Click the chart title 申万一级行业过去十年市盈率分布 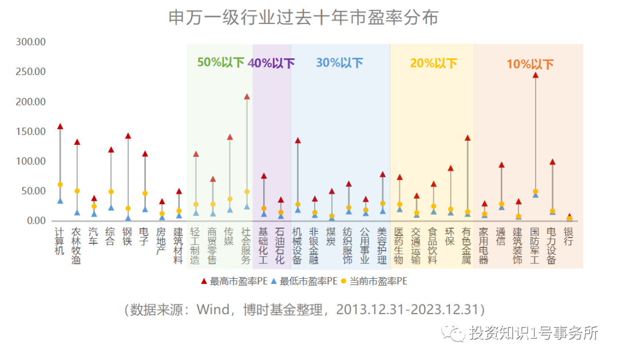(x=303, y=18)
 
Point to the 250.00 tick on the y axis (x=31, y=72)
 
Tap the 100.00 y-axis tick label (x=31, y=161)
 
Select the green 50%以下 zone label (x=220, y=62)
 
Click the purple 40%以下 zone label (x=271, y=63)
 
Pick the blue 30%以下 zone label (x=339, y=62)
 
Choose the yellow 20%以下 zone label (x=433, y=63)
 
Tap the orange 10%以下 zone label (x=530, y=64)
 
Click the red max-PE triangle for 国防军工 (x=536, y=75)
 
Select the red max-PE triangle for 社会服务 (x=247, y=97)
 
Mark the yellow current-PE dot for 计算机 (x=60, y=184)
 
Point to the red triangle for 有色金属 (x=468, y=138)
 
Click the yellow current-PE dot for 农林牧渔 (x=77, y=191)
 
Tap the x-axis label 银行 (x=569, y=236)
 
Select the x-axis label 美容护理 (x=382, y=246)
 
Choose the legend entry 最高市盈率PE (x=233, y=281)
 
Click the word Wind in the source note (x=213, y=310)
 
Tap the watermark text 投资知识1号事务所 (x=532, y=333)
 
